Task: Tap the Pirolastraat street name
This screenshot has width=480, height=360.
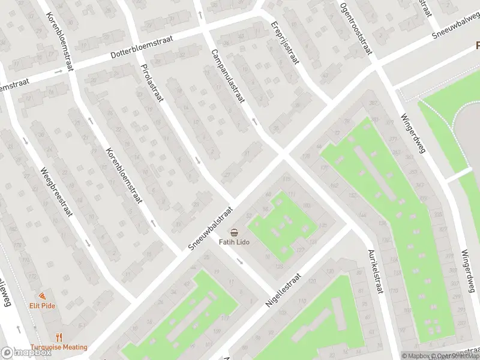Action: (151, 83)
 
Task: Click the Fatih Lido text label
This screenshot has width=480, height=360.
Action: (234, 242)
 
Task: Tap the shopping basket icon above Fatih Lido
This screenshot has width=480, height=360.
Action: (234, 232)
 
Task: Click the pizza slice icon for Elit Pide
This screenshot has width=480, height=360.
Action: (42, 296)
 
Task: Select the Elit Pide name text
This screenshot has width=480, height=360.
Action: (42, 305)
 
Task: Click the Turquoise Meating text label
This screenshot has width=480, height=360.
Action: (59, 347)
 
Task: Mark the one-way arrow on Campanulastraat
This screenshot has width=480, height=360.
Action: (254, 122)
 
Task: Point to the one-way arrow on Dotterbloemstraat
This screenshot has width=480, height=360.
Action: (58, 71)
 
